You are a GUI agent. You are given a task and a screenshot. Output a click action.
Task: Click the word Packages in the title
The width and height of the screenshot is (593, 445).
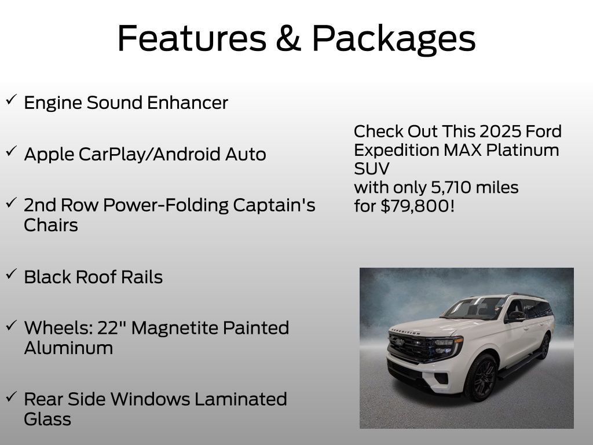[x=394, y=39]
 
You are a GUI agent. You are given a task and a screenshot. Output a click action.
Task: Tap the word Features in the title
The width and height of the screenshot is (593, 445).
[x=192, y=38]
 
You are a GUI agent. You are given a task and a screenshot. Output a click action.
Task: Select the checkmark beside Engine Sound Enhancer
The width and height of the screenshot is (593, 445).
[x=11, y=100]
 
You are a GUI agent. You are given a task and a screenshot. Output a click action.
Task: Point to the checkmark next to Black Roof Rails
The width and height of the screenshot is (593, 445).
[x=11, y=274]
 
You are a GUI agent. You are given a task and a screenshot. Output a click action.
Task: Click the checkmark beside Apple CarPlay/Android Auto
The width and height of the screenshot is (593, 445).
[x=11, y=151]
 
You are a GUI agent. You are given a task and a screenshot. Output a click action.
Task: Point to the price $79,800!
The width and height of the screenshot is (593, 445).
[x=418, y=206]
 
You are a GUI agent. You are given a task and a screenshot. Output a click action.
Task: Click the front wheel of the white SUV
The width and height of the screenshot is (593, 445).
[x=480, y=377]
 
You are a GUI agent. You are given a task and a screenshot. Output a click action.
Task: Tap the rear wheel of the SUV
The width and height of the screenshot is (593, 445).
[x=544, y=346]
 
